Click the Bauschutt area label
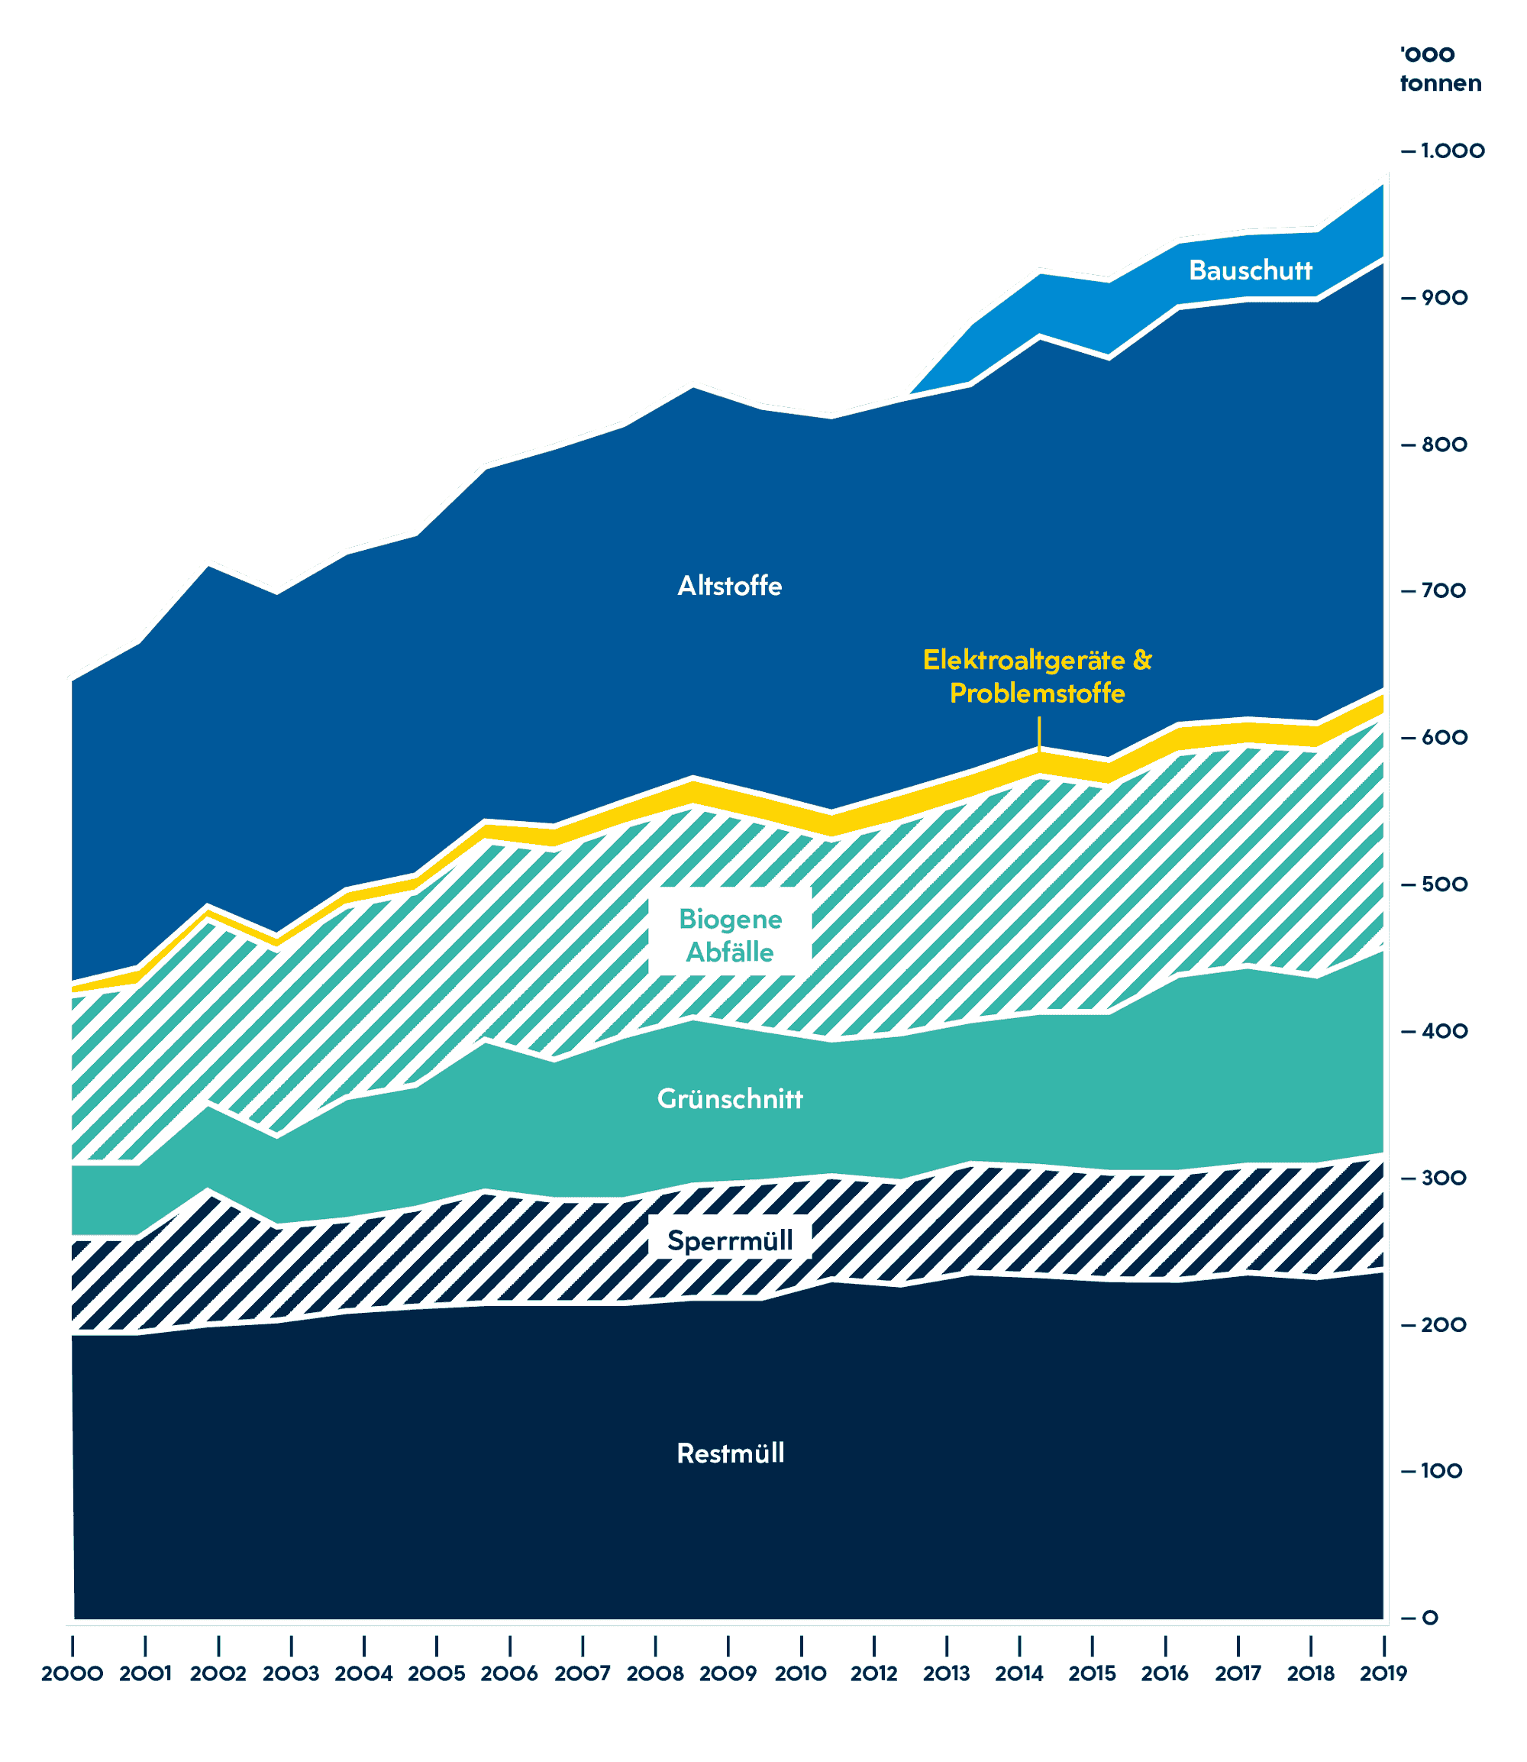coord(1250,270)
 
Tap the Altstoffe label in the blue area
coord(729,586)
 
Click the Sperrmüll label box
coord(729,1240)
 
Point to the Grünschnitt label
coord(729,1099)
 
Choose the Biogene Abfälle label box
coord(729,935)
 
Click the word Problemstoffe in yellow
coord(1037,693)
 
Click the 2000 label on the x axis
coord(73,1673)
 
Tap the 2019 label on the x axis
coord(1383,1673)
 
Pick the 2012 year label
coord(874,1673)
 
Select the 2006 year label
coord(509,1673)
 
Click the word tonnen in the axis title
coord(1440,83)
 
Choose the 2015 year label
coord(1093,1673)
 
